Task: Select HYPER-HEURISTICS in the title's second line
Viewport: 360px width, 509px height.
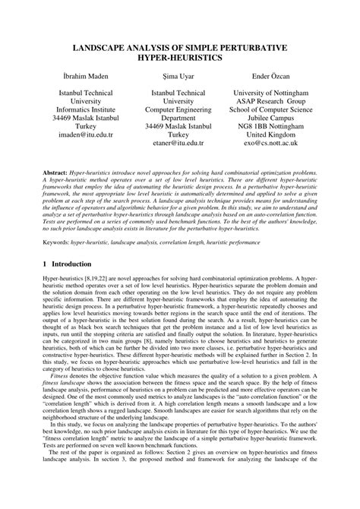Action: point(180,58)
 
